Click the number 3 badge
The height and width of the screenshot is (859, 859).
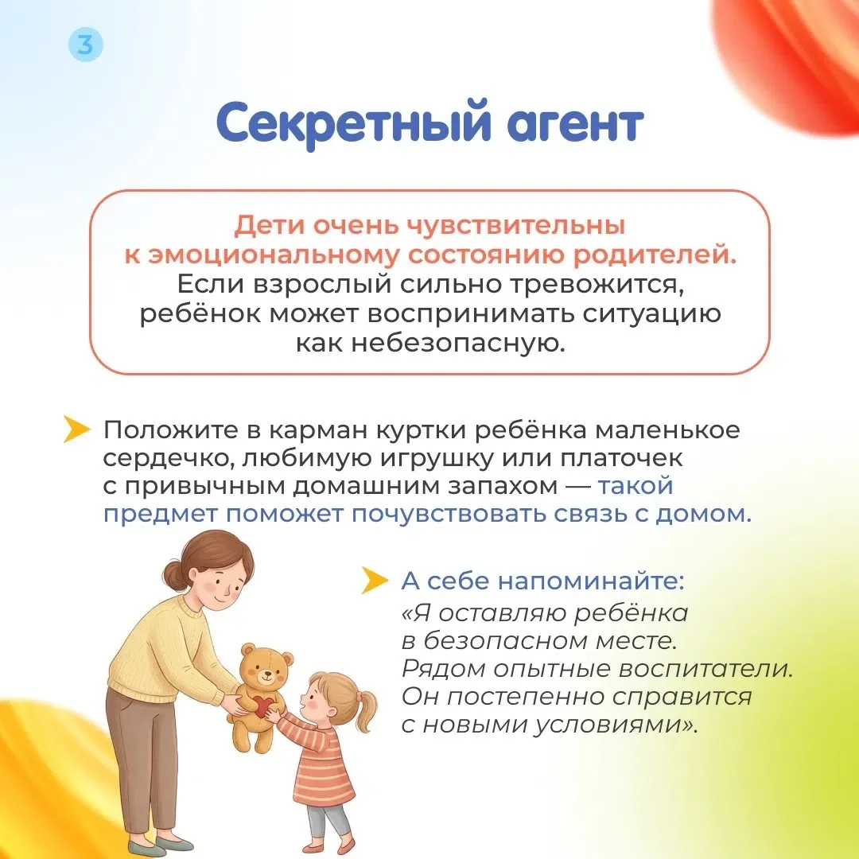[x=86, y=44]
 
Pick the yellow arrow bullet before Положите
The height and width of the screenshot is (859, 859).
[x=76, y=429]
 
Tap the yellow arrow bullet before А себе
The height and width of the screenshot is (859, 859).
[x=375, y=580]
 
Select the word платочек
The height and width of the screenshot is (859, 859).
[x=620, y=458]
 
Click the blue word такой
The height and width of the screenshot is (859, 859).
[x=635, y=486]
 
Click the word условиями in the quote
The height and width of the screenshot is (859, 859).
[x=616, y=725]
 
